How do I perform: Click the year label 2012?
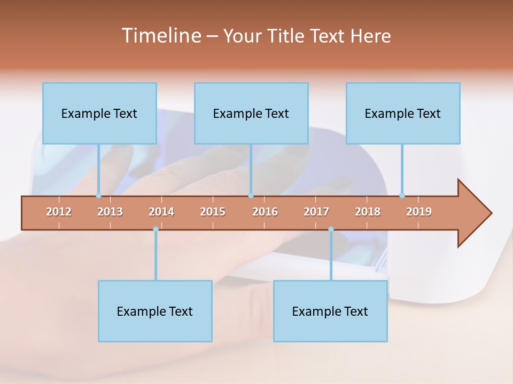(x=59, y=212)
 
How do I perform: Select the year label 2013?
(x=110, y=212)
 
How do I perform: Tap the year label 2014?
(x=161, y=212)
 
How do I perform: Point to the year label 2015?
(x=213, y=212)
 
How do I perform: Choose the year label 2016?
(x=265, y=212)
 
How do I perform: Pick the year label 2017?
(x=316, y=212)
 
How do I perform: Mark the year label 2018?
(x=368, y=212)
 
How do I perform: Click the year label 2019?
(x=419, y=212)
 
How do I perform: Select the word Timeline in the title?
(x=160, y=36)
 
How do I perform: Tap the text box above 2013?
(x=99, y=113)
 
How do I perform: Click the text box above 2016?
(x=251, y=113)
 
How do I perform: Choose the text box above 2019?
(x=403, y=113)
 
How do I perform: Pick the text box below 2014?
(x=155, y=311)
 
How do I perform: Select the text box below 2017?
(x=330, y=311)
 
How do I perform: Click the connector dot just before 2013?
(x=98, y=195)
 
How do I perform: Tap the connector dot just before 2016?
(x=251, y=195)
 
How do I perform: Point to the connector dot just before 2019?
(x=402, y=195)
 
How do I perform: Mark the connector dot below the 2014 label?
(x=156, y=229)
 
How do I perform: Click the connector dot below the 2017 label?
(x=331, y=229)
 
